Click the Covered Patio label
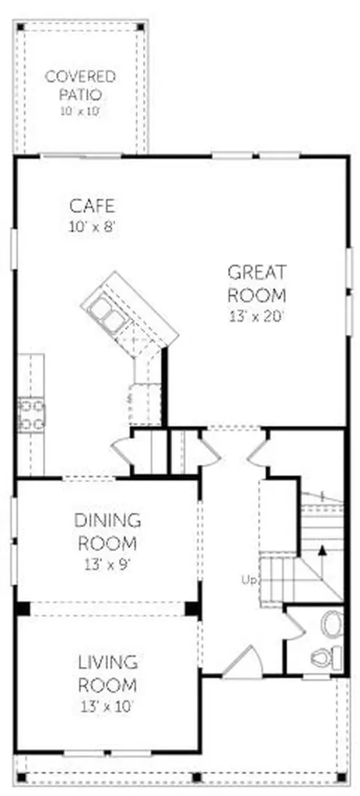click(x=80, y=86)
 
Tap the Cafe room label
click(x=92, y=206)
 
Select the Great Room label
click(x=257, y=283)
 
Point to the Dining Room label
click(x=107, y=532)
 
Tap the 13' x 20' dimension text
click(x=257, y=316)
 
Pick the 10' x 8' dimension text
click(x=93, y=226)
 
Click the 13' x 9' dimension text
click(x=107, y=564)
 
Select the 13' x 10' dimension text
click(x=107, y=706)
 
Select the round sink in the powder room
click(x=333, y=623)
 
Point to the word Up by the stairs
click(x=249, y=580)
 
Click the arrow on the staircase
click(x=321, y=563)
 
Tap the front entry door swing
click(x=243, y=660)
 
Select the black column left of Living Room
click(x=22, y=608)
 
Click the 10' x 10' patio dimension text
click(x=79, y=110)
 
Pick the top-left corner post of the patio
click(x=20, y=26)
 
